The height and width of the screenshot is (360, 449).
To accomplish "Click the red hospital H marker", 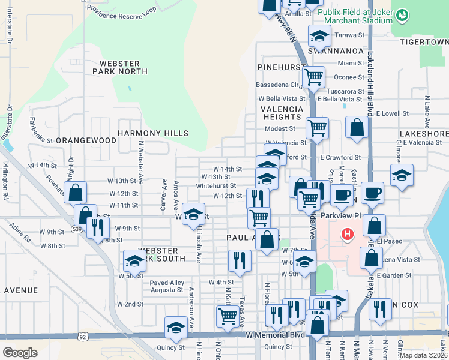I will [x=346, y=234].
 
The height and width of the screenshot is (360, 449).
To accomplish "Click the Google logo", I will [x=20, y=352].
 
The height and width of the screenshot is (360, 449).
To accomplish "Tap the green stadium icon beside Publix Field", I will [x=403, y=13].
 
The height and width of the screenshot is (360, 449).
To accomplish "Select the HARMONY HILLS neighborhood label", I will [x=153, y=133].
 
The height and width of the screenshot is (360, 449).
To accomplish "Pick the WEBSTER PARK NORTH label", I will [x=120, y=67].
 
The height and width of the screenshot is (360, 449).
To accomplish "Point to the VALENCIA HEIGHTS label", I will [x=280, y=113].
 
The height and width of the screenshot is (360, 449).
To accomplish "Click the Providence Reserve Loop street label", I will [x=121, y=11].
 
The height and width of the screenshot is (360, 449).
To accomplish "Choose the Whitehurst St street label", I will [x=216, y=186].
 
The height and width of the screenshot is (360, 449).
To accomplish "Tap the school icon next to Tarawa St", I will [x=319, y=35].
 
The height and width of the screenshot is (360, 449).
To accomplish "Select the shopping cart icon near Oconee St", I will [x=313, y=76].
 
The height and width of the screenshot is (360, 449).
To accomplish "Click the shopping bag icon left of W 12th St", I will [x=76, y=192].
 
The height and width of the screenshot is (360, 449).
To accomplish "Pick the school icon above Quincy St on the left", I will [x=176, y=326].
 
